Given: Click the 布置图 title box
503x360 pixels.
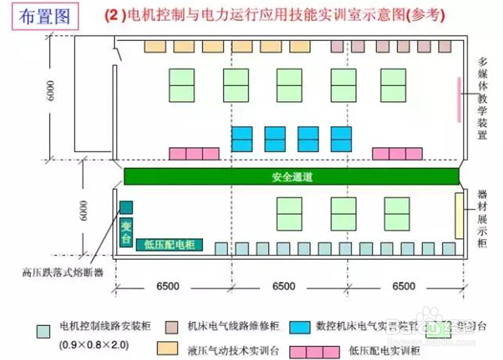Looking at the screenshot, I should (x=44, y=17).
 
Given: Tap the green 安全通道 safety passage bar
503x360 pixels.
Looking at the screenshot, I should (x=292, y=177).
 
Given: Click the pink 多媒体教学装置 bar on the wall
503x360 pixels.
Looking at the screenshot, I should (x=459, y=99).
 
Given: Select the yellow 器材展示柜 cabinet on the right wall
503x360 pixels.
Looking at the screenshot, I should (x=459, y=216).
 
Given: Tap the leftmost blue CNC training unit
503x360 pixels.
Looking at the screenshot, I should (x=242, y=139).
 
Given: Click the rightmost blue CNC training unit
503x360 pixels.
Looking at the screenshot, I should (x=341, y=139).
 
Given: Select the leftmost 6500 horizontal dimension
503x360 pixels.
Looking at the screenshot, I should (x=167, y=286).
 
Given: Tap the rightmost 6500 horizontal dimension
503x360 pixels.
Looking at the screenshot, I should (x=404, y=286).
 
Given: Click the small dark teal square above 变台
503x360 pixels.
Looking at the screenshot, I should (x=126, y=207).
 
